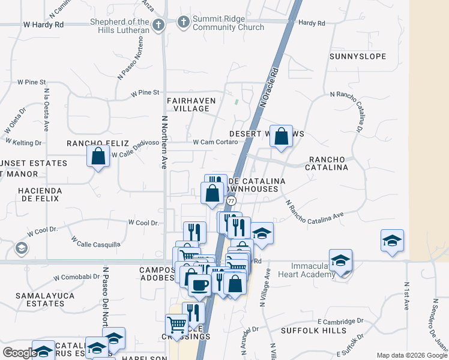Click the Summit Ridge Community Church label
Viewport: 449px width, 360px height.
(228, 23)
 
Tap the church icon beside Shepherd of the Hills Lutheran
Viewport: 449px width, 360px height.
(158, 25)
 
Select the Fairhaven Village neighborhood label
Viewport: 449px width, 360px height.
(188, 104)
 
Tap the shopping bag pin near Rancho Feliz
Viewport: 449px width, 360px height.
(98, 157)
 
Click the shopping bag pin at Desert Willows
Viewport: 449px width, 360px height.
(281, 137)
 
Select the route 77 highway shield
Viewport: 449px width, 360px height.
(231, 200)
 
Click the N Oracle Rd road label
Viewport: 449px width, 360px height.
(270, 88)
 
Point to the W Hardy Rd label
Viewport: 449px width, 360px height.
(43, 25)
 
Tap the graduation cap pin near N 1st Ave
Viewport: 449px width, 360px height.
(392, 241)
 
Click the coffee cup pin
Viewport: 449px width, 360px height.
(199, 284)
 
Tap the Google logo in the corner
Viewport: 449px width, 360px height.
(20, 353)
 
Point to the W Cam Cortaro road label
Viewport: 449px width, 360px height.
(215, 142)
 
